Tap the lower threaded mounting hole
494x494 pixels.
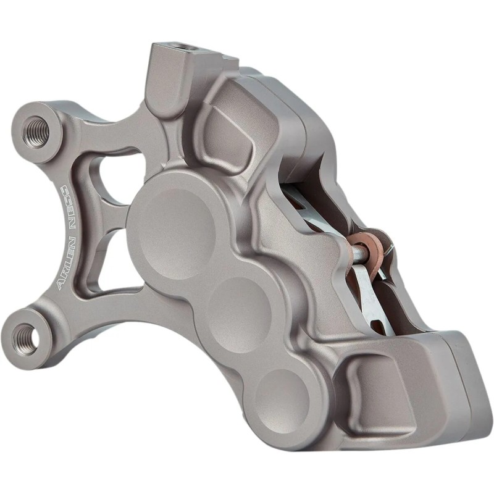(26, 335)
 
